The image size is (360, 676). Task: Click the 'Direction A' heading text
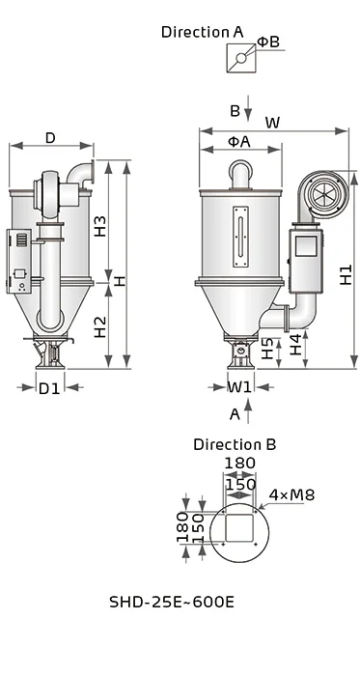202,31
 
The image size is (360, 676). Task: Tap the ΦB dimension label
268,42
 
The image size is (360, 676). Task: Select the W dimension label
272,123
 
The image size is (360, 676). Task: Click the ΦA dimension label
238,141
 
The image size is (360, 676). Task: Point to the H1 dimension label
345,274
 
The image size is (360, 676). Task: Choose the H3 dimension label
99,227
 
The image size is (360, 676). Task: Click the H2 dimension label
99,326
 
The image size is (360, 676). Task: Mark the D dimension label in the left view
49,137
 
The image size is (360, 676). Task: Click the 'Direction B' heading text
235,444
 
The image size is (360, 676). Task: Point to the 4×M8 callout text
292,494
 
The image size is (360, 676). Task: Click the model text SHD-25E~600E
172,602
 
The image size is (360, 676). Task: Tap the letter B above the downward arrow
235,111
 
